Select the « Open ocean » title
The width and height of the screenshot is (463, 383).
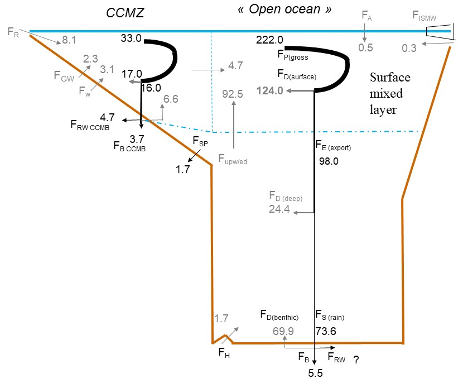(277, 10)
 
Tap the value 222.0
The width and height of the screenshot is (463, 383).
(270, 39)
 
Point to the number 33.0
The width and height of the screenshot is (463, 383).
(132, 39)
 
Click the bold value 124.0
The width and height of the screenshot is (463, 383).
(270, 90)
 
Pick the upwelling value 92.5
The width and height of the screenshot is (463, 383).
(233, 94)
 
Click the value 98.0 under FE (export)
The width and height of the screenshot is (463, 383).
(329, 161)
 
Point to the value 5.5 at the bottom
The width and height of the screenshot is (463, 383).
(315, 375)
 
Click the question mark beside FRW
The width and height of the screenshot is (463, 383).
(355, 361)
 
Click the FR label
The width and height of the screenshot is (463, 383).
(14, 31)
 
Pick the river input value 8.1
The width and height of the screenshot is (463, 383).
(70, 40)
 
